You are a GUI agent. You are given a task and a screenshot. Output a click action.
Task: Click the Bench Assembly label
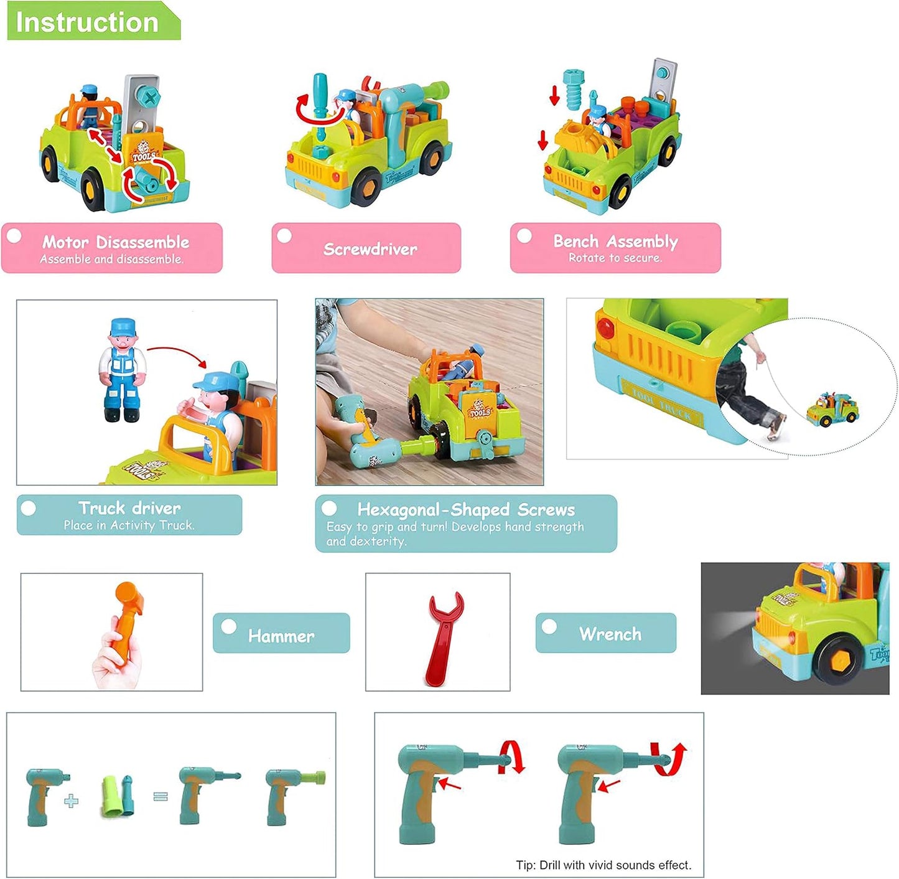point(615,248)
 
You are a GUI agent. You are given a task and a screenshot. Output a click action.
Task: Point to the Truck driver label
point(129,515)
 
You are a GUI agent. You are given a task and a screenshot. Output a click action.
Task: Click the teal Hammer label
point(281,633)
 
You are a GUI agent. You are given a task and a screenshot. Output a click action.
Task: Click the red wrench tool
point(443,638)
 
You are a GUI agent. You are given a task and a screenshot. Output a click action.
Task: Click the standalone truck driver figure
point(122,370)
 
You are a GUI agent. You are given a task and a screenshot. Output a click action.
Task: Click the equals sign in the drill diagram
point(161,796)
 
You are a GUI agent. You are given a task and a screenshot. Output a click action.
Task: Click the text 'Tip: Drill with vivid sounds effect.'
point(603,865)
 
